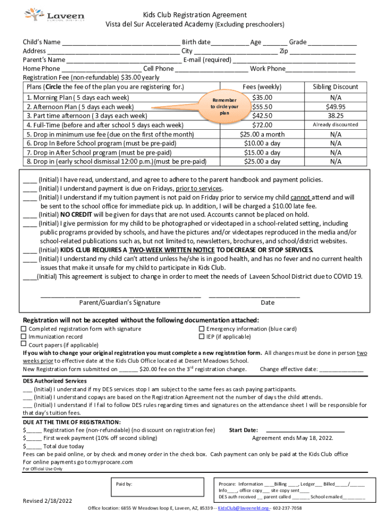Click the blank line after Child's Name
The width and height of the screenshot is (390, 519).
click(x=121, y=43)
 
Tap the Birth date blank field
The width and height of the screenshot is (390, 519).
click(x=230, y=43)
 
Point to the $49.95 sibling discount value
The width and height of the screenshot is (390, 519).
click(x=335, y=106)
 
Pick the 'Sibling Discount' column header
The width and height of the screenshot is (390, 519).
click(x=335, y=87)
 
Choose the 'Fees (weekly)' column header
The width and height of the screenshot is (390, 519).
click(x=262, y=87)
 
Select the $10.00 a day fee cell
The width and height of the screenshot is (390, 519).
click(x=262, y=143)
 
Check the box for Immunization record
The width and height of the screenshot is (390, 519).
click(x=23, y=337)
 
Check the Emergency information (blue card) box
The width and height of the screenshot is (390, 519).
click(x=201, y=329)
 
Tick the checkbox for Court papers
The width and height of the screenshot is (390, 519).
click(x=23, y=345)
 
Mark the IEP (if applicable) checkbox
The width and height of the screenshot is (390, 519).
click(x=201, y=337)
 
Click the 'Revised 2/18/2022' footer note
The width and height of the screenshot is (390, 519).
click(x=48, y=501)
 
